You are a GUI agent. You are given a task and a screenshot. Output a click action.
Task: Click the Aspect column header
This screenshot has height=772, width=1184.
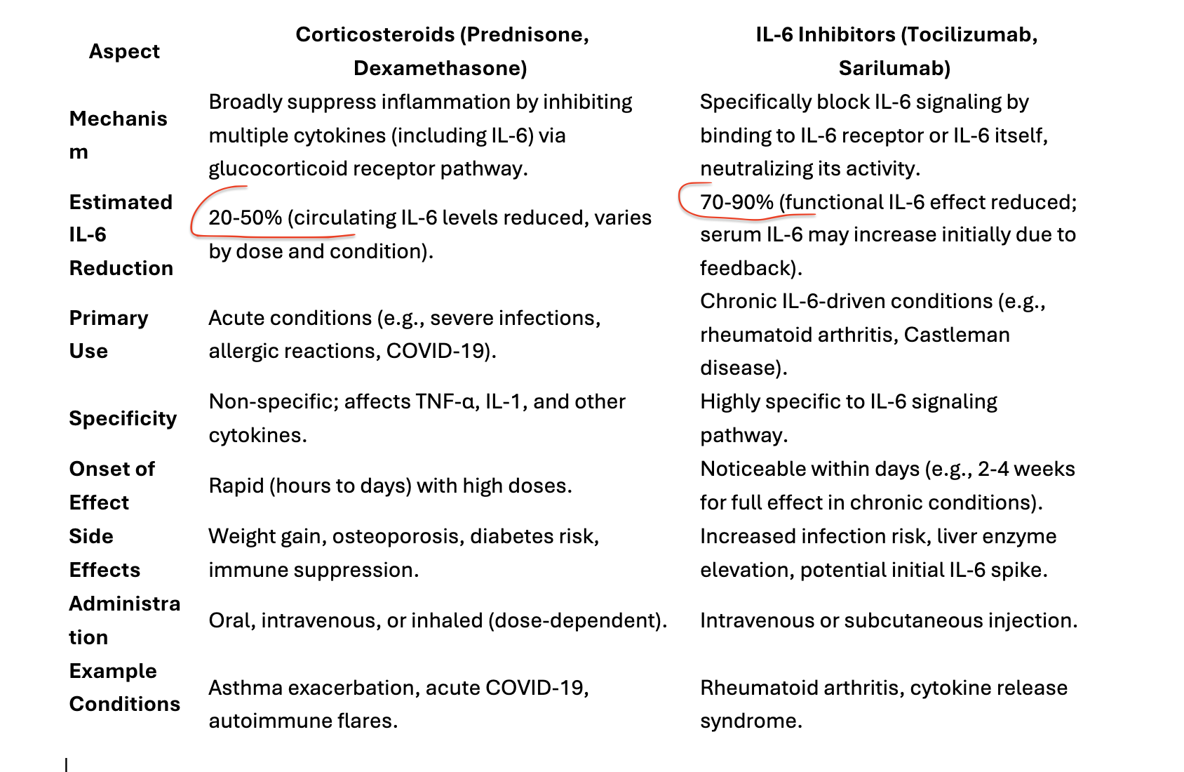(x=124, y=51)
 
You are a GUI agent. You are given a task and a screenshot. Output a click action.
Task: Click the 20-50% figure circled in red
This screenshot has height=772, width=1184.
(x=245, y=218)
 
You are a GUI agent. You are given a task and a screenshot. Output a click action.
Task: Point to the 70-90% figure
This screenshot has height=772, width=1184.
(x=736, y=202)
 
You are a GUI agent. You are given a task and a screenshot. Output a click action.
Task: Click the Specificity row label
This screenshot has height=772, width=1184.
(x=123, y=418)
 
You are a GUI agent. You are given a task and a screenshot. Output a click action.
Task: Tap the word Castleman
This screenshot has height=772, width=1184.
(x=957, y=335)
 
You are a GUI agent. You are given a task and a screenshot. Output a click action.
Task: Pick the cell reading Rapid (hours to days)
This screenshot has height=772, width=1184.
(x=390, y=486)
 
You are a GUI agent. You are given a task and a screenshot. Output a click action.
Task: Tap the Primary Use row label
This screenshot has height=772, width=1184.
(x=108, y=334)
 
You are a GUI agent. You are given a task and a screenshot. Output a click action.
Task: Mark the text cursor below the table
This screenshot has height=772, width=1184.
(x=66, y=764)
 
